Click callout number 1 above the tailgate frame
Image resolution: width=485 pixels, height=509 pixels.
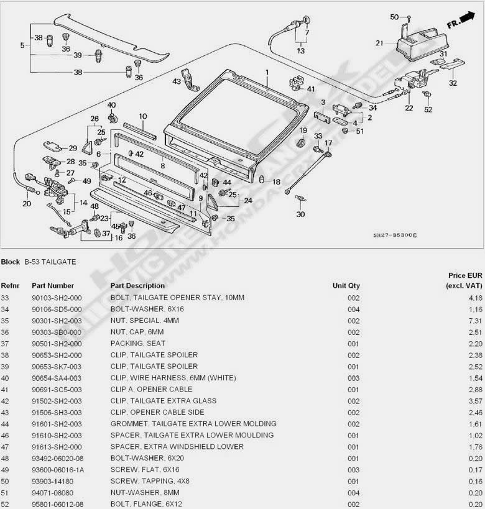click(267, 72)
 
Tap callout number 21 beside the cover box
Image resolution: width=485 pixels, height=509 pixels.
click(379, 43)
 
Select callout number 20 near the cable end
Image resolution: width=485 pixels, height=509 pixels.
click(26, 203)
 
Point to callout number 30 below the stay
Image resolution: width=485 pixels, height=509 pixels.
click(300, 214)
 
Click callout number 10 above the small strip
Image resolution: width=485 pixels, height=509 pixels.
click(142, 116)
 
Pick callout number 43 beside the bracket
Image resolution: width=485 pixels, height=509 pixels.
click(177, 81)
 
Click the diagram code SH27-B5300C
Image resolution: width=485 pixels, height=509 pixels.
click(394, 236)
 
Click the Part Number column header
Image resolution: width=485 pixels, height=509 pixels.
click(53, 285)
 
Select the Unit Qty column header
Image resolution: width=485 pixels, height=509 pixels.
click(346, 285)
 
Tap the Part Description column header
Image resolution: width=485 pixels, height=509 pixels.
click(137, 285)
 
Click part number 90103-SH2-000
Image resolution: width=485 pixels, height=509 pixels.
click(57, 298)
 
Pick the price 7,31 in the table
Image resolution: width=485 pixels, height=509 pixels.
click(474, 321)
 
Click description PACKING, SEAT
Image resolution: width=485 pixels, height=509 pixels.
click(134, 343)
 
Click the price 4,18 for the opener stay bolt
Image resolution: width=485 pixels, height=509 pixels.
click(474, 298)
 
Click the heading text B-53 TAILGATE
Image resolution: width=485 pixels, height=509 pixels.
click(50, 262)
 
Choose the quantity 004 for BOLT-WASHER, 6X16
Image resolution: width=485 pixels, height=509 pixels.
click(353, 309)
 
